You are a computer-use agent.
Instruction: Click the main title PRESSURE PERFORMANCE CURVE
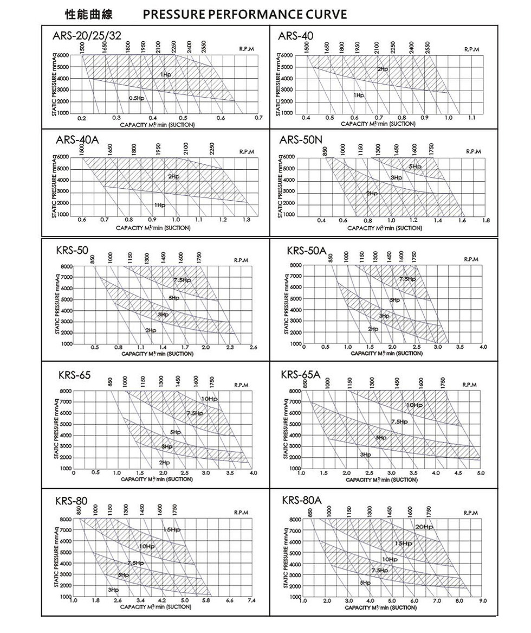click(245, 15)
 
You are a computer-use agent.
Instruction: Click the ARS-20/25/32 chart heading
click(87, 36)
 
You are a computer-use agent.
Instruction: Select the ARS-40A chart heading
click(77, 140)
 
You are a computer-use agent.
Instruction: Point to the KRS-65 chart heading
click(74, 375)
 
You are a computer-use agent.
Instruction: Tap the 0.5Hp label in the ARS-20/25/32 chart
click(137, 98)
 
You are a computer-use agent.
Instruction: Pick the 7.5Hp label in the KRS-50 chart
click(182, 280)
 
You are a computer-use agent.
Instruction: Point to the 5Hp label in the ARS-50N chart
click(416, 167)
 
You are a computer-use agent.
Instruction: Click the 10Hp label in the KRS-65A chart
click(414, 405)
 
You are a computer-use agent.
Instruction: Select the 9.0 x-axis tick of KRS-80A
click(483, 600)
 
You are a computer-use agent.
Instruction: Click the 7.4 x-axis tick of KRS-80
click(251, 600)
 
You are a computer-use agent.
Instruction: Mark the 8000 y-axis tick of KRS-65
click(66, 391)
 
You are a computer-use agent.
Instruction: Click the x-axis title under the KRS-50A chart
click(386, 354)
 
